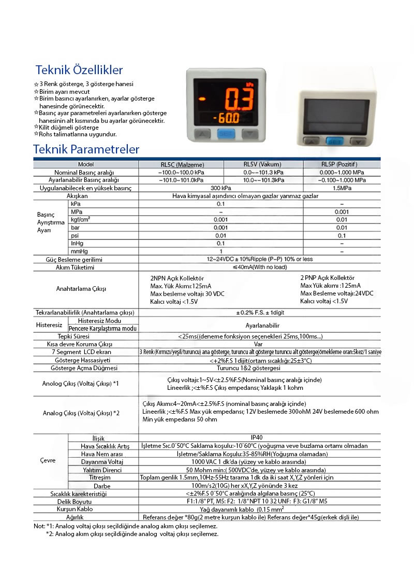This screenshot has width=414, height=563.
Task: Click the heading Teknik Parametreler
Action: [x=86, y=149]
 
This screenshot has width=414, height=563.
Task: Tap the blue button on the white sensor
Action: [x=334, y=140]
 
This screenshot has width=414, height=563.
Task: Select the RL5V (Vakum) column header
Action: [x=263, y=164]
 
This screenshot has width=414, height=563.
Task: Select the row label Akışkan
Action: [x=77, y=196]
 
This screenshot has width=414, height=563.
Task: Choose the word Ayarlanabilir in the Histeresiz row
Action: [x=262, y=326]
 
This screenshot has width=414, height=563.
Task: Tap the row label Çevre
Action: [x=48, y=461]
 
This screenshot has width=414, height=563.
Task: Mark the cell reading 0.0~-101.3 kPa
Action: [x=263, y=172]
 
